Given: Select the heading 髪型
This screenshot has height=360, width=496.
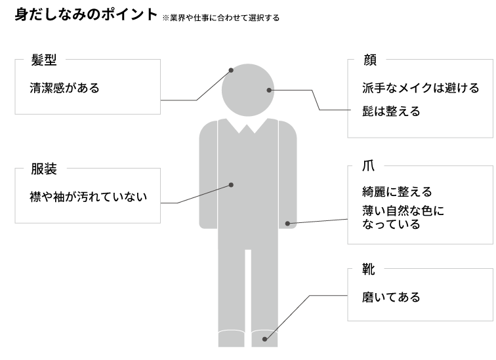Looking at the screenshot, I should point(45,60).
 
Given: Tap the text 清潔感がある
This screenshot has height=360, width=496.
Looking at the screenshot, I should point(65,88).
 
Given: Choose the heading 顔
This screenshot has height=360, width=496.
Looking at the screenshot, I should point(369,60).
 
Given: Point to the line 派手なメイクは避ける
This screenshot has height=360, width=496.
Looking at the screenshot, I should point(421,88).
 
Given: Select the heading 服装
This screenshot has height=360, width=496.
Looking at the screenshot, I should point(45,169).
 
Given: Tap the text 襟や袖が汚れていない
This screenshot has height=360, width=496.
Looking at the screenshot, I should point(89,196).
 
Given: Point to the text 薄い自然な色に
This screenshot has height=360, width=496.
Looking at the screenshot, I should point(403,211).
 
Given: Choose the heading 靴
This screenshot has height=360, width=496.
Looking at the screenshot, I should point(369,268).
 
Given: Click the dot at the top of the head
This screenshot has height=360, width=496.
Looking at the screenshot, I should point(231,70).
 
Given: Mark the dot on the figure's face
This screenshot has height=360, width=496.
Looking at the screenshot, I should point(269,90).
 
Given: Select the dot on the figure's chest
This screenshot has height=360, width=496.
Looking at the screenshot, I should point(231,185).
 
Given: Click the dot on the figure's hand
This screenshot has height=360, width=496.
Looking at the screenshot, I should point(287,224).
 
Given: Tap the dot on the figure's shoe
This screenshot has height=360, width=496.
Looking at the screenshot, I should point(264,339).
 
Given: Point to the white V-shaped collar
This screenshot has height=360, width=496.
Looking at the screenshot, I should point(248,126).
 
